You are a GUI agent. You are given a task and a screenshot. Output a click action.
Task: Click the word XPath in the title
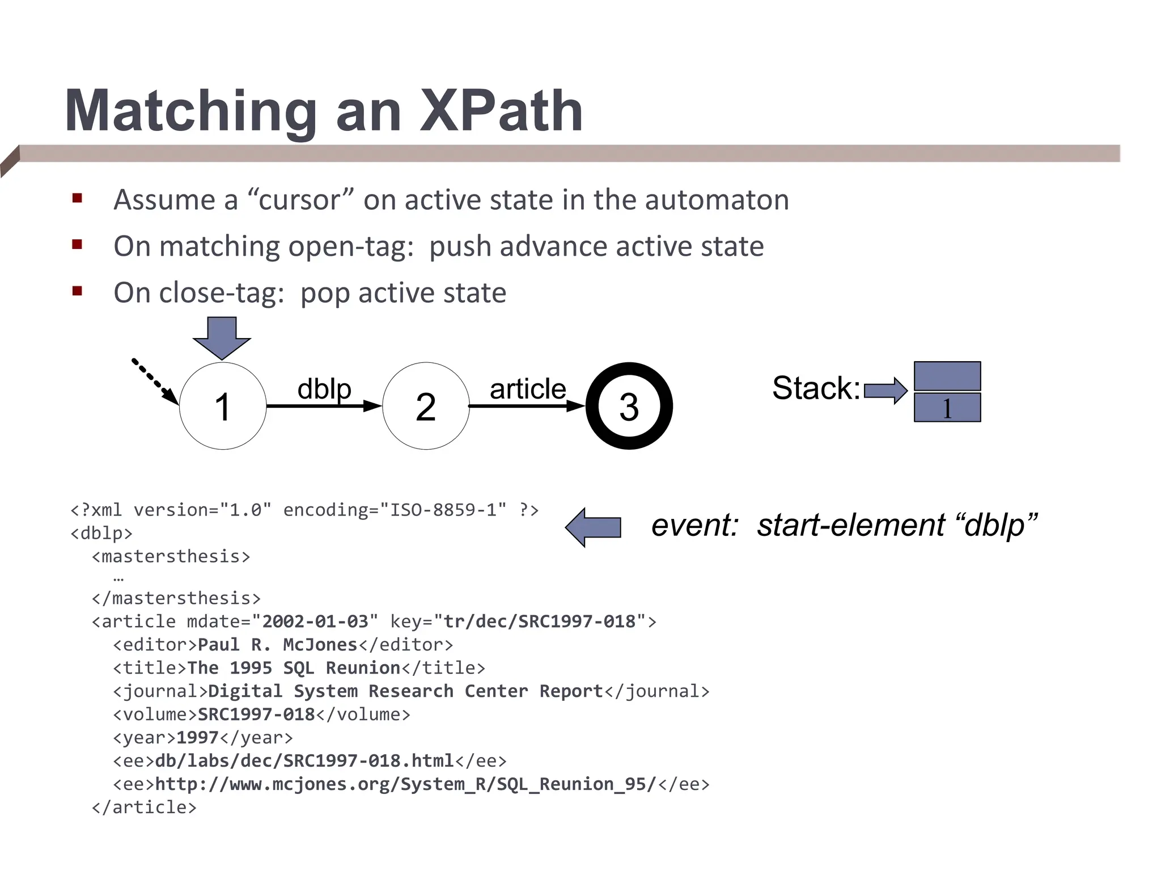click(x=501, y=111)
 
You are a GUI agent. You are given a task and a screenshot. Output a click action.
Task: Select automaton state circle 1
click(x=223, y=406)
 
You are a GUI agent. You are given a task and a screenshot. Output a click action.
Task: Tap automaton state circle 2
click(x=426, y=406)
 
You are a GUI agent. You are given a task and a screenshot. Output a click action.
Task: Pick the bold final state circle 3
click(x=629, y=406)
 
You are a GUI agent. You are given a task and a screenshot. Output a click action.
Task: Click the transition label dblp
click(x=324, y=389)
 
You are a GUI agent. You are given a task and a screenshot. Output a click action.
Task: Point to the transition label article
click(x=528, y=389)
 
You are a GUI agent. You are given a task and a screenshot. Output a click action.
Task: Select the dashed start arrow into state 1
click(x=154, y=380)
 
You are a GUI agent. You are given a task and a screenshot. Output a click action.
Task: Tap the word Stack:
click(x=816, y=388)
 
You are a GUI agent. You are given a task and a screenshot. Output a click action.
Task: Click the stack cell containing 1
click(x=947, y=408)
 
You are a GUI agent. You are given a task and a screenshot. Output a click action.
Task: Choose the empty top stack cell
click(x=947, y=376)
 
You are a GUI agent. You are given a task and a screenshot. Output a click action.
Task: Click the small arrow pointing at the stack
click(x=885, y=390)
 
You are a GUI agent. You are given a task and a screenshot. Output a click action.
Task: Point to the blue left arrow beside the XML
click(x=594, y=527)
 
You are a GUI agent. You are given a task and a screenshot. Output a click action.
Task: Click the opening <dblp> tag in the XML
click(x=101, y=534)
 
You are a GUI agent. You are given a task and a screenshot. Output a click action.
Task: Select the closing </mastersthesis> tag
click(x=176, y=598)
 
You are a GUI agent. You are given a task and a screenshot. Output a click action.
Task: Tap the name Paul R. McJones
click(x=278, y=645)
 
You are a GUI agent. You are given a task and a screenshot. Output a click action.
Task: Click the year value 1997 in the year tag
click(x=197, y=738)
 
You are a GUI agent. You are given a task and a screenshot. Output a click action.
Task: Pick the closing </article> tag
click(x=144, y=807)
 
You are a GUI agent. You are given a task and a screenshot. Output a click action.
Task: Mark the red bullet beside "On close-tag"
click(x=78, y=291)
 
